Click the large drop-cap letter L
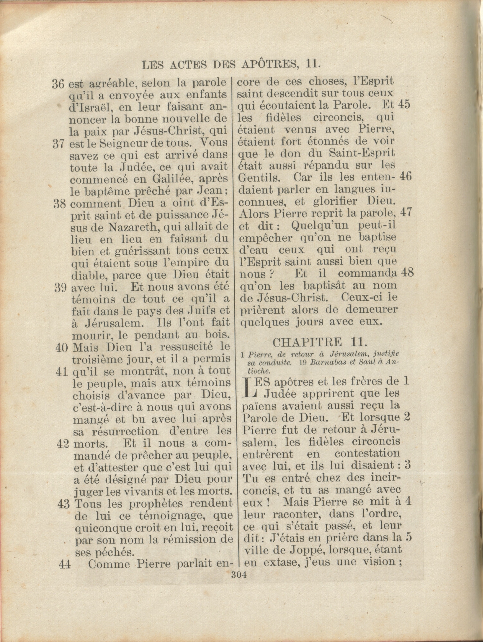[x=249, y=387]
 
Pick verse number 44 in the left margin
[x=65, y=564]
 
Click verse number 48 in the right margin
[x=407, y=273]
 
